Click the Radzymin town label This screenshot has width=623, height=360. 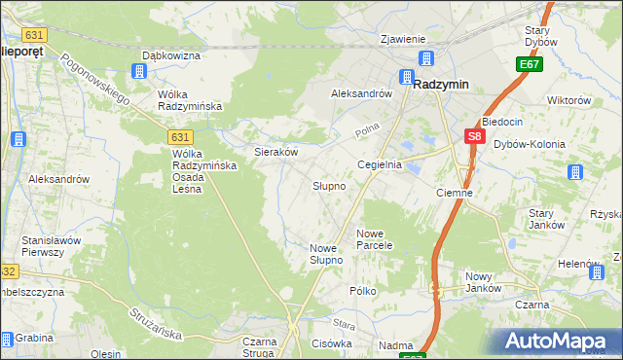441,85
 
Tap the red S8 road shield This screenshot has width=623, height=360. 473,138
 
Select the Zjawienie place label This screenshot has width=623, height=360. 403,39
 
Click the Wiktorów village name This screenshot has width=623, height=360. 569,100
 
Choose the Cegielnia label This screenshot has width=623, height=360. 380,165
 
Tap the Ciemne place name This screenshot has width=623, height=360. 454,193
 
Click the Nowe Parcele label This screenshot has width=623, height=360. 374,239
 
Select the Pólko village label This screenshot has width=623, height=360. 363,291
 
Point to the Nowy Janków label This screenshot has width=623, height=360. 483,281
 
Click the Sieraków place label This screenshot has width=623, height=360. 275,153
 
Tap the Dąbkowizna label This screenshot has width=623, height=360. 171,56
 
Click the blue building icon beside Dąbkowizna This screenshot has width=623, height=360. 139,72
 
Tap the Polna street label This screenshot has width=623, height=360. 366,129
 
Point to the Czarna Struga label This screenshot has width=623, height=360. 260,347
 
